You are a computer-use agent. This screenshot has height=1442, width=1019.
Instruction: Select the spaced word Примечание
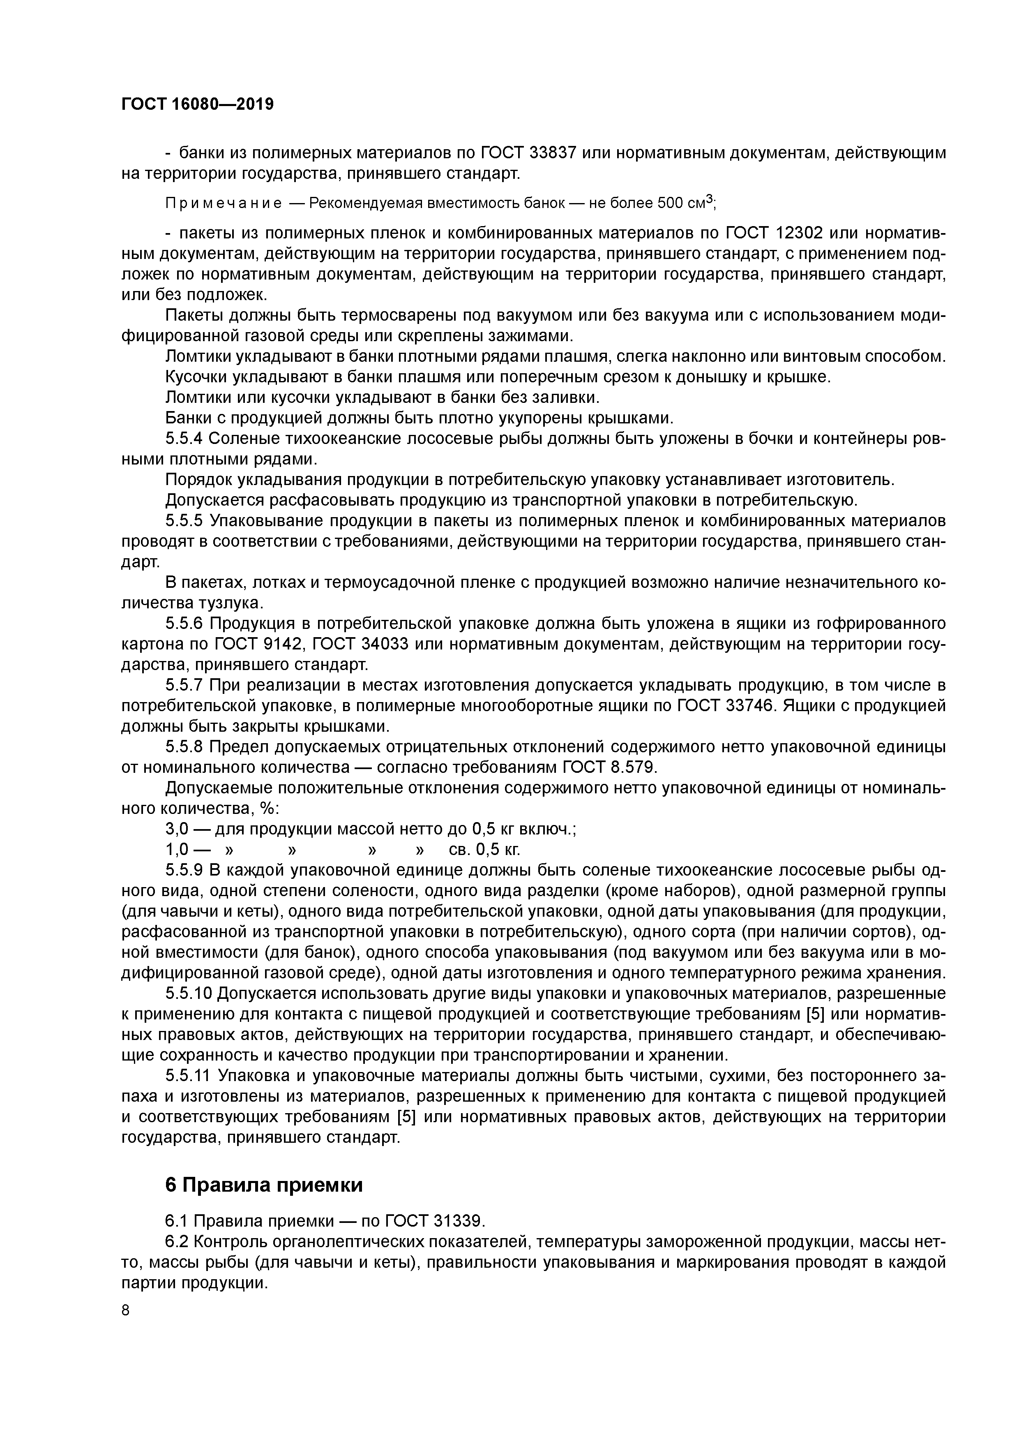[x=223, y=203]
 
